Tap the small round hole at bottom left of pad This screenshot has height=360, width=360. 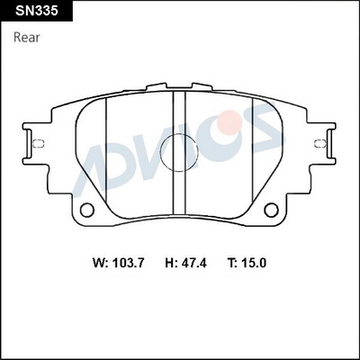pyautogui.click(x=87, y=210)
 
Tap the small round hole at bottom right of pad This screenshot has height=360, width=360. pyautogui.click(x=271, y=210)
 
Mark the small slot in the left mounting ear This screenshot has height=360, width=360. pyautogui.click(x=38, y=142)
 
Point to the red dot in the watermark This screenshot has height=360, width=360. pyautogui.click(x=230, y=122)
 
